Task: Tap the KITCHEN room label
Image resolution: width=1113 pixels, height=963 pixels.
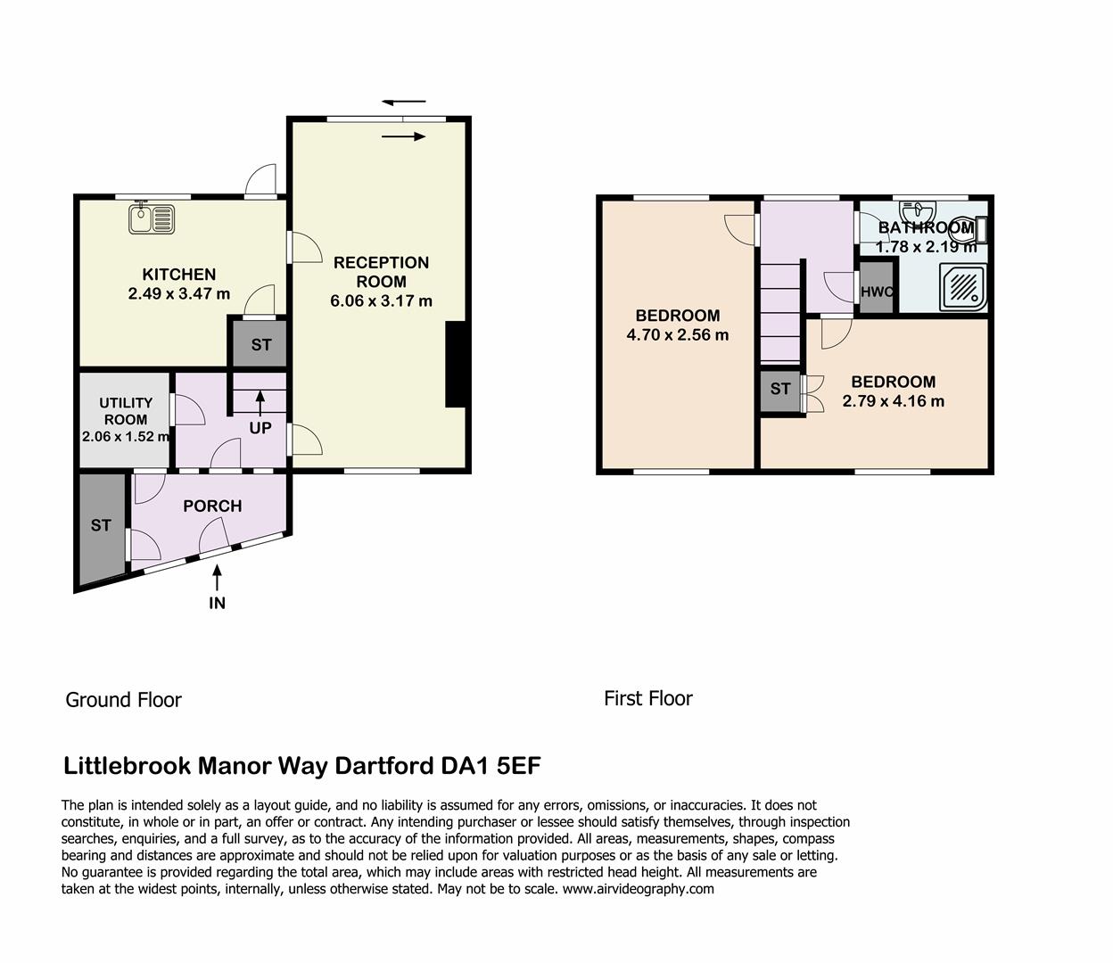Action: [x=179, y=275]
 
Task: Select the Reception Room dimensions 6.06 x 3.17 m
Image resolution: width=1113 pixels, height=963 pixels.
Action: [x=381, y=301]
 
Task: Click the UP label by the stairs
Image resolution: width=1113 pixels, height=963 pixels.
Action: [x=260, y=428]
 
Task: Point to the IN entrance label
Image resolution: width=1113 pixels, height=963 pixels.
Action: [x=217, y=603]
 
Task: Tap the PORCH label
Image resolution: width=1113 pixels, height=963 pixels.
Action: [x=212, y=506]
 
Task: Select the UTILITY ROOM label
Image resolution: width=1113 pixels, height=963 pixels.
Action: [x=126, y=411]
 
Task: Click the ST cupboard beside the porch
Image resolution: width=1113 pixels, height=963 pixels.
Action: [x=101, y=525]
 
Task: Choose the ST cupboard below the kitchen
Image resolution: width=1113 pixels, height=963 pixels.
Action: [x=260, y=344]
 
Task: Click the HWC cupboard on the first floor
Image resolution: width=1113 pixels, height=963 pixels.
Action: [x=877, y=292]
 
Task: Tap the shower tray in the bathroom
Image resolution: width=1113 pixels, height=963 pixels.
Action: [x=962, y=286]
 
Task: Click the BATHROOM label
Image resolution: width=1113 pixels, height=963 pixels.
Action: [x=926, y=228]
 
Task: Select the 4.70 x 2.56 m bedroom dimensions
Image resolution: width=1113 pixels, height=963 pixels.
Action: [x=678, y=335]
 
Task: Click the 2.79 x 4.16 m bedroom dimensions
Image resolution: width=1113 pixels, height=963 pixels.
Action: [x=893, y=401]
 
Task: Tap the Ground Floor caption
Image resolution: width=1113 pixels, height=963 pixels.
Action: [x=123, y=700]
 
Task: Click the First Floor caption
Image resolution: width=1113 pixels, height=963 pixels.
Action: [x=647, y=698]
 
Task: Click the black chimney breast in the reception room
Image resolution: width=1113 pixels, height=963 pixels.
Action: [x=456, y=364]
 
